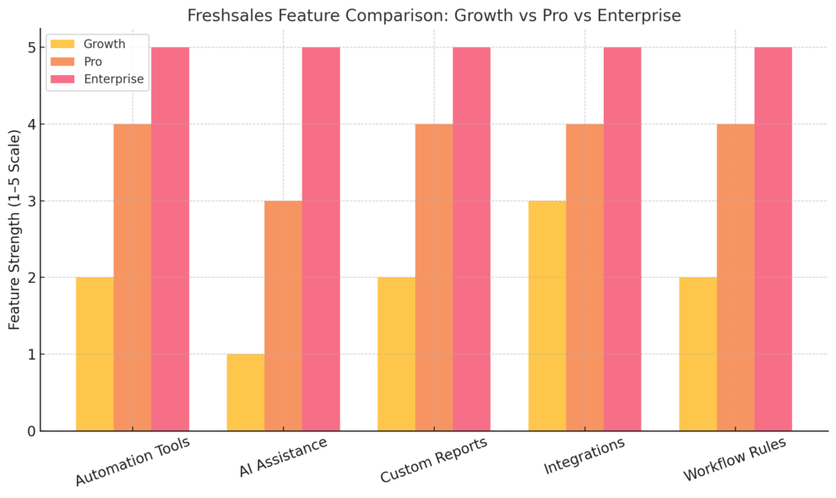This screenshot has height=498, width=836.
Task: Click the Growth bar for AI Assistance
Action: pyautogui.click(x=246, y=392)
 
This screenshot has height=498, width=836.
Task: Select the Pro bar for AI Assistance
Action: pyautogui.click(x=283, y=316)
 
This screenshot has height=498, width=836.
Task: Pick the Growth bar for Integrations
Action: pyautogui.click(x=547, y=316)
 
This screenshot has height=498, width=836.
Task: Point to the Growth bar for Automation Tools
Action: pyautogui.click(x=95, y=354)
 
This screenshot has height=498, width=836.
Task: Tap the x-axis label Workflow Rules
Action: pyautogui.click(x=735, y=459)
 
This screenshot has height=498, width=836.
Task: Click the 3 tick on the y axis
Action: pyautogui.click(x=31, y=201)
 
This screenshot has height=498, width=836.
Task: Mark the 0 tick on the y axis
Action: pyautogui.click(x=31, y=430)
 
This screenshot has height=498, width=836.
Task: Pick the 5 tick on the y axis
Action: pyautogui.click(x=31, y=47)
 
